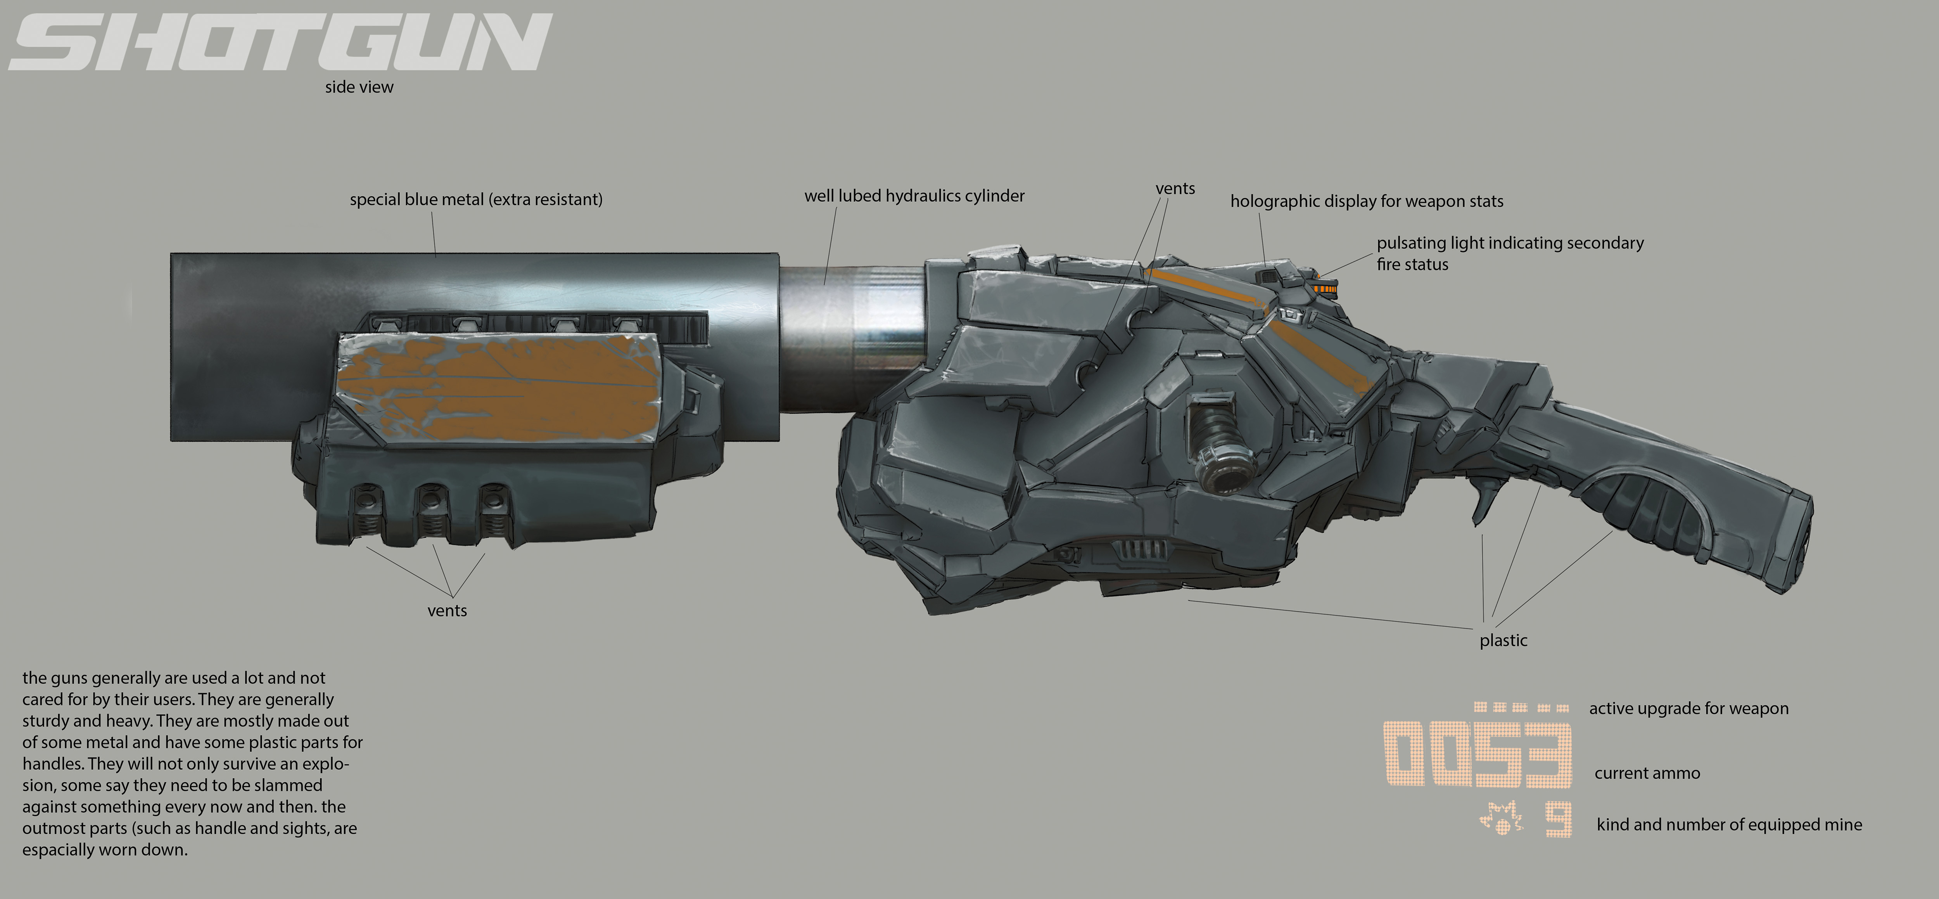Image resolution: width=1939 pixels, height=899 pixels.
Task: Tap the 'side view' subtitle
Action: [x=359, y=87]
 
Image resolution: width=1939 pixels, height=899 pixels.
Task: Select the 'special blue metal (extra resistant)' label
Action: [x=476, y=199]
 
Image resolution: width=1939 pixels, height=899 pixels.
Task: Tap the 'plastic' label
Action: [x=1503, y=641]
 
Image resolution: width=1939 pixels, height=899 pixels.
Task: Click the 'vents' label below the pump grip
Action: [x=447, y=611]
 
